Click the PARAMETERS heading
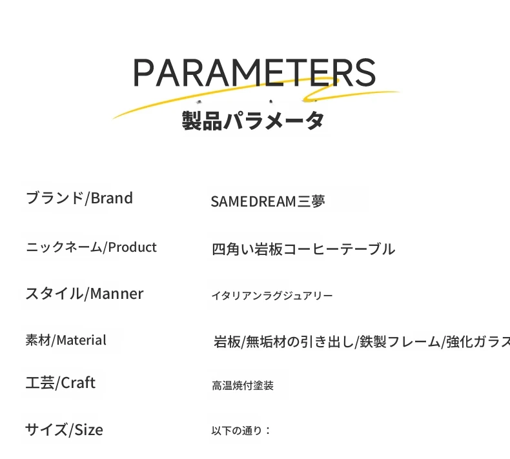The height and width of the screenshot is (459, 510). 254,72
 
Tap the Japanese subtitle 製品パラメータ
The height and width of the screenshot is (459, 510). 253,121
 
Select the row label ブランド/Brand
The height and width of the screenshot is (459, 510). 79,198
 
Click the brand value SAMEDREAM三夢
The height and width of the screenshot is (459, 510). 268,201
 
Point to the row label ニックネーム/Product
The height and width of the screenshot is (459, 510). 91,247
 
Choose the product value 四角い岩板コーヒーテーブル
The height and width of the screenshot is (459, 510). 303,249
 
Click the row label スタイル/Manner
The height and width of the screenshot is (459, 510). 84,294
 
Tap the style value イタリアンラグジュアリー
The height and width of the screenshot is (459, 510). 272,296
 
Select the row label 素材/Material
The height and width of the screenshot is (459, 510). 66,340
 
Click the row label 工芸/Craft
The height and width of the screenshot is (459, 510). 61,383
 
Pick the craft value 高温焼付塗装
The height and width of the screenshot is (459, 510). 243,385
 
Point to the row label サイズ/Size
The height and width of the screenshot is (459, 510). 64,430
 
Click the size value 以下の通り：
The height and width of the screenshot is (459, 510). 241,431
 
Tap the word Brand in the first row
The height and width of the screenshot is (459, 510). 112,198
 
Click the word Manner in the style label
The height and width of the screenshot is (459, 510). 116,294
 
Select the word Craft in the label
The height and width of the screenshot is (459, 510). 78,383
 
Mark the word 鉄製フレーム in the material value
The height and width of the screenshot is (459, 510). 400,342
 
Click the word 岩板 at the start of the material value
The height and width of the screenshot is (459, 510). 227,342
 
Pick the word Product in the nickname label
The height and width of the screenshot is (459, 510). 132,247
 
